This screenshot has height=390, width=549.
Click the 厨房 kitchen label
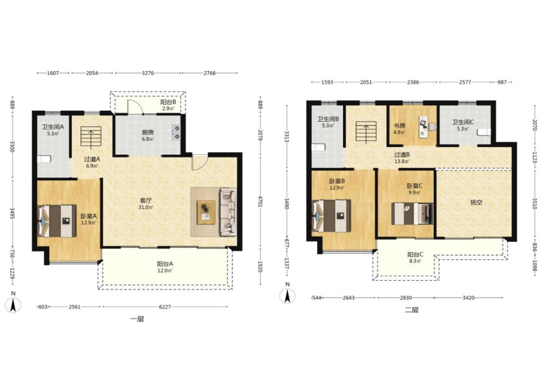148,132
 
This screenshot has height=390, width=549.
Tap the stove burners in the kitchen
176,132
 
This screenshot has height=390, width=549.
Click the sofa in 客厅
228,212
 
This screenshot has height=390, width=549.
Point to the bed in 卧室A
57,221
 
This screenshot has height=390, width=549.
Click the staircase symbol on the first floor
91,136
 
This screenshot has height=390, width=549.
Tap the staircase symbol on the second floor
366,131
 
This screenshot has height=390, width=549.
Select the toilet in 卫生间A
44,159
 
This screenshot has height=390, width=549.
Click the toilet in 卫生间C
484,132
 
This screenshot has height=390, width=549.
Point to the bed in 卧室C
412,214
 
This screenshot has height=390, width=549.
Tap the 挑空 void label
476,202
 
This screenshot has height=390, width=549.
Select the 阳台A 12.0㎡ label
165,267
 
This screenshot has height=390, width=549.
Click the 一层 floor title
137,319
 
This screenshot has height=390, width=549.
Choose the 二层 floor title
411,310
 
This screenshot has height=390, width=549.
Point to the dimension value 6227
165,307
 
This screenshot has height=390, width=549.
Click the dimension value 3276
148,73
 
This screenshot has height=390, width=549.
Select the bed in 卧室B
331,216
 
